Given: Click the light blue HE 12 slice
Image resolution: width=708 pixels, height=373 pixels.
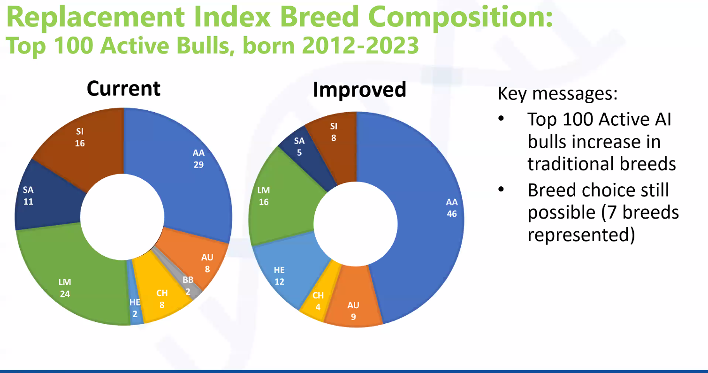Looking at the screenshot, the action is pos(284,272).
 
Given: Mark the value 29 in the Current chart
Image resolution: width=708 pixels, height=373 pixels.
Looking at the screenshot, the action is pos(199,165).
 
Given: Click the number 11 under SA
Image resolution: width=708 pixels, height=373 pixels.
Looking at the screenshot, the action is pos(29,202).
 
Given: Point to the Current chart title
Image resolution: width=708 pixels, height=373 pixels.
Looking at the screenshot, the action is pos(123,89).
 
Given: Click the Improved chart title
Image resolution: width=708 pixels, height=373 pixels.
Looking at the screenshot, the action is pos(359,90).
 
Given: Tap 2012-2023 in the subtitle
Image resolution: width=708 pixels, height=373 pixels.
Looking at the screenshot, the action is pos(360,46).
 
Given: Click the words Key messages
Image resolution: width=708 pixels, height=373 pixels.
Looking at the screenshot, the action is pos(557,94).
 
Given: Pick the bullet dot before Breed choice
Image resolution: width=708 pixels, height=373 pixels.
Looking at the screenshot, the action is pos(501,190).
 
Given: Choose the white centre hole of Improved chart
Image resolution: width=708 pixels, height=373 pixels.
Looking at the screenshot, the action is pos(356,223).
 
